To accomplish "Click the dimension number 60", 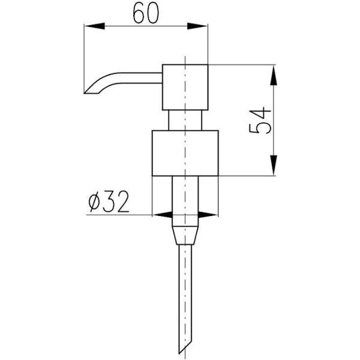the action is [x=146, y=14].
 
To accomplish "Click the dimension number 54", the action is [x=260, y=120].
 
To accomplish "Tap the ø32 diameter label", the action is [x=109, y=202].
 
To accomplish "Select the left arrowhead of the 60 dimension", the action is [x=95, y=26].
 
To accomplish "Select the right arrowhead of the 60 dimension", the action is [x=197, y=26].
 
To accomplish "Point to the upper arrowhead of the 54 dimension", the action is [x=274, y=76].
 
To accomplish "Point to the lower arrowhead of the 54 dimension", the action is [x=274, y=166].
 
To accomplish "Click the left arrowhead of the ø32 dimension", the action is [x=163, y=215].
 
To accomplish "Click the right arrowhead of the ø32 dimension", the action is [x=208, y=215].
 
